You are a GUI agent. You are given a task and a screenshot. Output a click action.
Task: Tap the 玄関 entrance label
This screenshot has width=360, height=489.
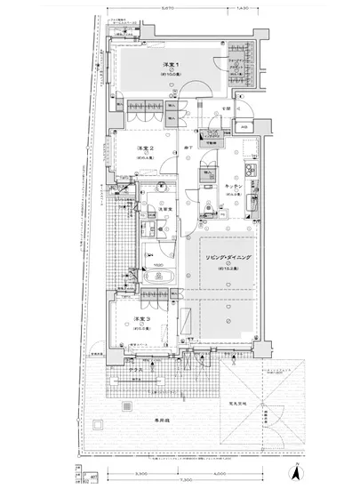pos(227,108)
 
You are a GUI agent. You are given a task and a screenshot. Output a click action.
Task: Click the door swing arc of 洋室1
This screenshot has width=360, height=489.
pos(201,86)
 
